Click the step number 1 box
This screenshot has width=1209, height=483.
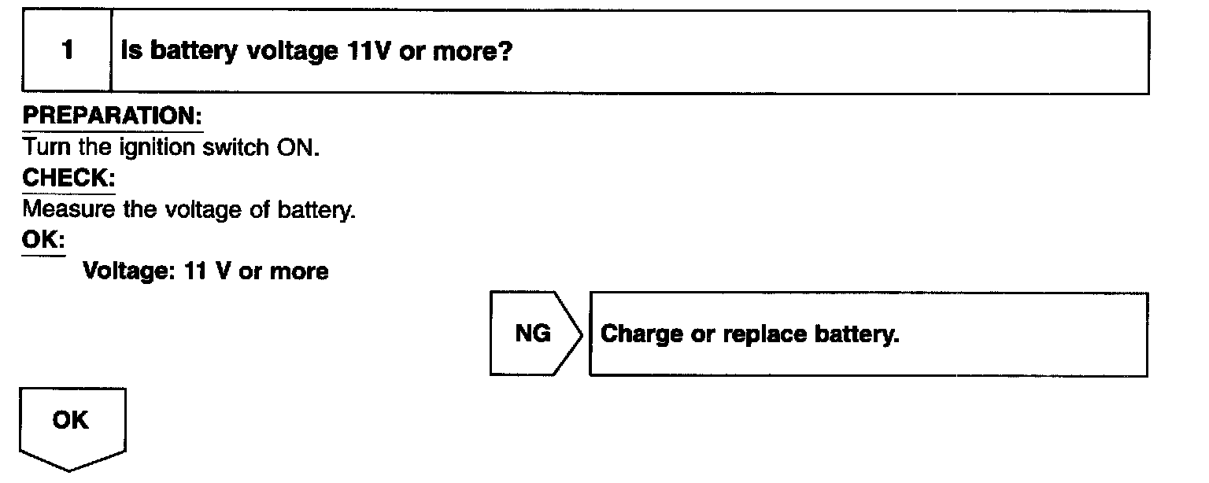coord(67,51)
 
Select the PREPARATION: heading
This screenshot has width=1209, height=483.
coord(112,116)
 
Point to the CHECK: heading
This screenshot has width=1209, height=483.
coord(68,179)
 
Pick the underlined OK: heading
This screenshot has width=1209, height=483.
coord(43,240)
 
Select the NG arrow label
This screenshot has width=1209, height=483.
coord(533,334)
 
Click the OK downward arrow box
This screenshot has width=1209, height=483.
coord(71,425)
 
